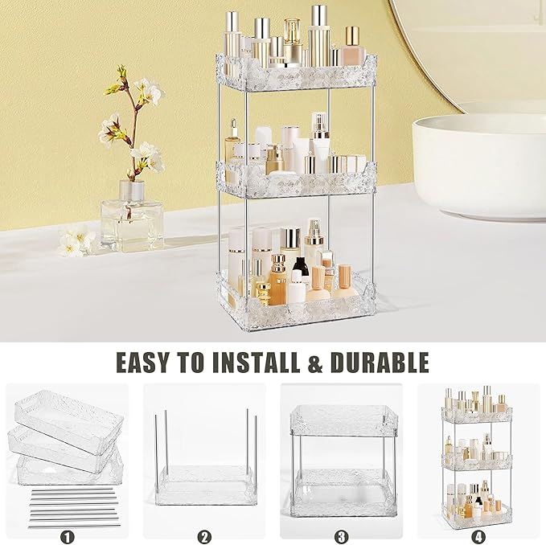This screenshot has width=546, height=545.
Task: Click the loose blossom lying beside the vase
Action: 76,240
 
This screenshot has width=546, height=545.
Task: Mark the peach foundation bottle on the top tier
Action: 351,50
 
